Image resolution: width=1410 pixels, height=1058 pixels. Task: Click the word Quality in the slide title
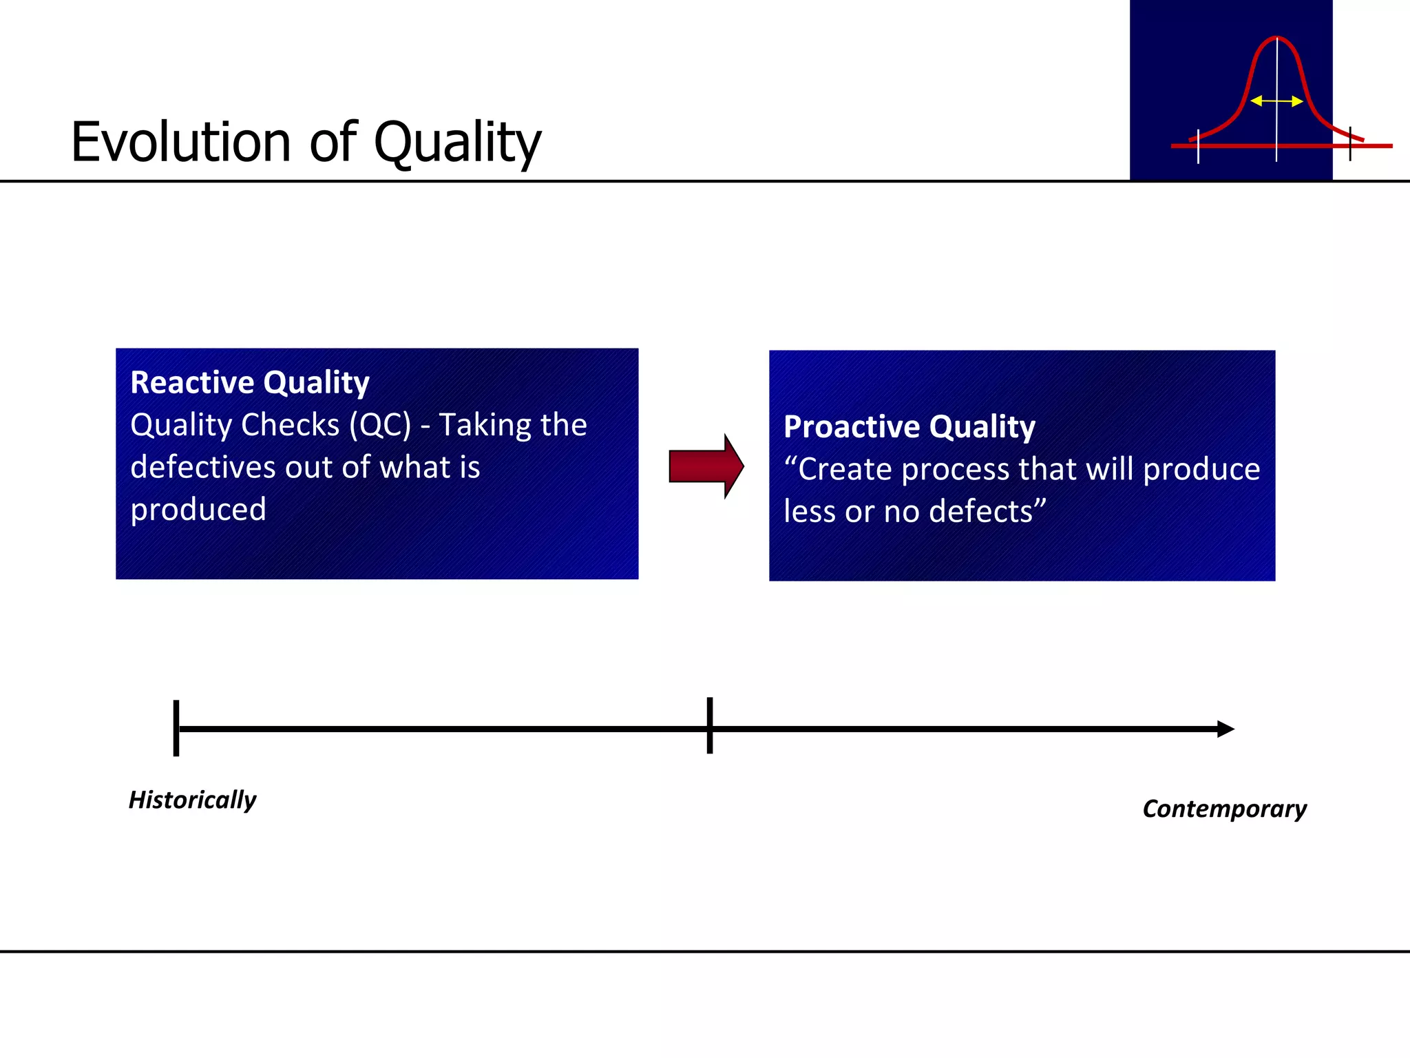pyautogui.click(x=457, y=143)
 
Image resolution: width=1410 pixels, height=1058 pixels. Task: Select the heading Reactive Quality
pyautogui.click(x=250, y=382)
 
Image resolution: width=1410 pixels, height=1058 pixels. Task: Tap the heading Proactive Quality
pyautogui.click(x=909, y=426)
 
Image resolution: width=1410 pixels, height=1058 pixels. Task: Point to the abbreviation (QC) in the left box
pyautogui.click(x=380, y=425)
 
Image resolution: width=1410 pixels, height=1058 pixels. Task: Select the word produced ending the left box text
pyautogui.click(x=198, y=510)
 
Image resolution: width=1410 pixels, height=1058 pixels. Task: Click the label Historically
pyautogui.click(x=192, y=800)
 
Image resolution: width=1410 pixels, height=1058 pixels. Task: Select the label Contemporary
pyautogui.click(x=1224, y=809)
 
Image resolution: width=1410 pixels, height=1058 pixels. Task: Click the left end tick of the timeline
pyautogui.click(x=176, y=728)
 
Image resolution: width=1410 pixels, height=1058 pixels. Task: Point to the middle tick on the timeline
pyautogui.click(x=709, y=726)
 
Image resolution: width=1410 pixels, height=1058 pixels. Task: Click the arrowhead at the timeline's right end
pyautogui.click(x=1225, y=729)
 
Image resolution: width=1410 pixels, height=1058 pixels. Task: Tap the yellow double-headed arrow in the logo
pyautogui.click(x=1276, y=101)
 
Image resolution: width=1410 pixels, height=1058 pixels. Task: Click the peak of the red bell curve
pyautogui.click(x=1276, y=39)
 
